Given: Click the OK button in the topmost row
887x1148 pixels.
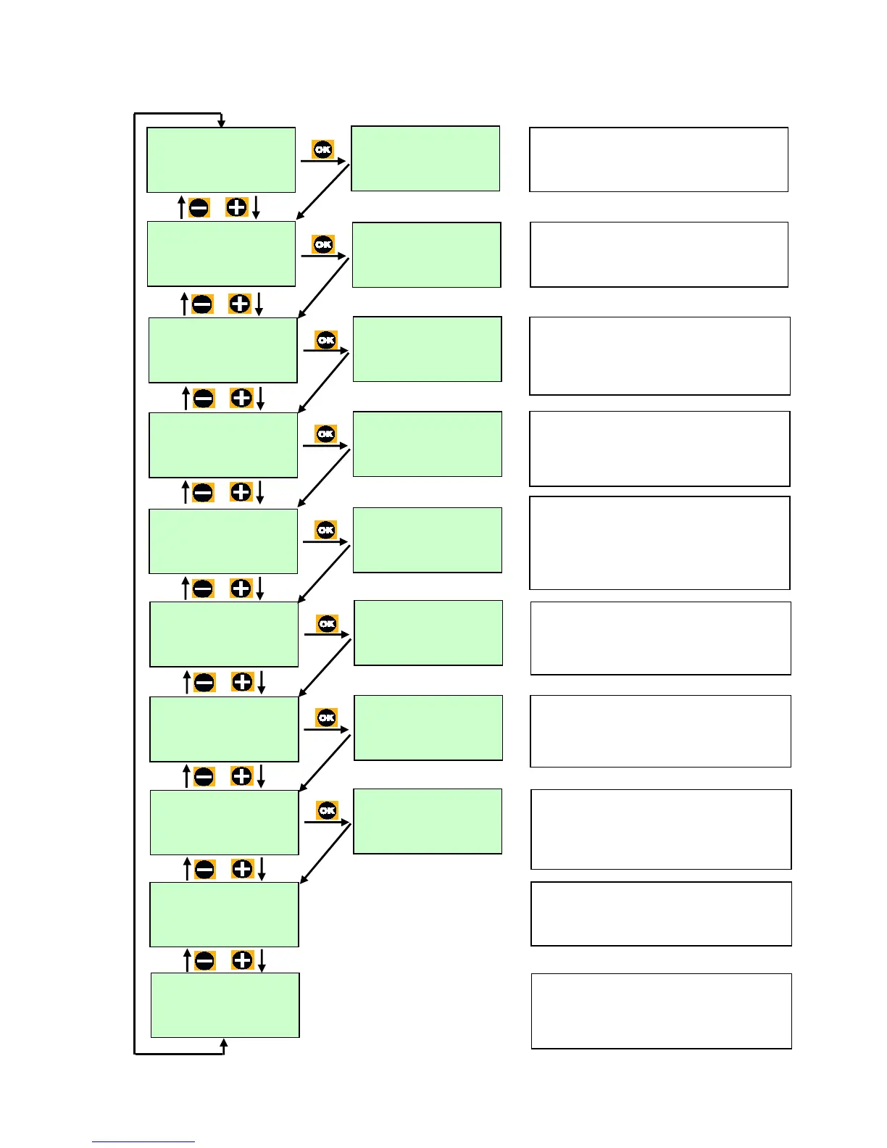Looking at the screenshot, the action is (x=322, y=149).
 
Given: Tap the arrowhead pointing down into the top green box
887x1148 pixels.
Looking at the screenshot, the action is (x=222, y=123).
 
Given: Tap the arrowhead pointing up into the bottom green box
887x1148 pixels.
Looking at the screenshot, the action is (x=224, y=1043).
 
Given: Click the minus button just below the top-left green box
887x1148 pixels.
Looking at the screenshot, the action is (x=199, y=208).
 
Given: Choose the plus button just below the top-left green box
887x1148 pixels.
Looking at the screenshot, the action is (x=236, y=207).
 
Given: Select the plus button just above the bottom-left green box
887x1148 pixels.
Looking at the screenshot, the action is (x=242, y=960).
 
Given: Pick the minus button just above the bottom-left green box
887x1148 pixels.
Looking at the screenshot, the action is (x=205, y=961).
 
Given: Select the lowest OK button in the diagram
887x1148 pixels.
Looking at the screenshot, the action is (x=328, y=810).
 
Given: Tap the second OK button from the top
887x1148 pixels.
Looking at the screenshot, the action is (x=323, y=244).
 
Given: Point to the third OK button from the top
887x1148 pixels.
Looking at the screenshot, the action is (x=326, y=339).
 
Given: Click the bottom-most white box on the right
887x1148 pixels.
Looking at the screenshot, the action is (x=661, y=1011).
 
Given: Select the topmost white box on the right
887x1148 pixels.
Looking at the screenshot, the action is (x=658, y=159).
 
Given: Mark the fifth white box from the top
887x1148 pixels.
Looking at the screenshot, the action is (x=659, y=543).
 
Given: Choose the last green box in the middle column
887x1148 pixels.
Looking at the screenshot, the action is (x=428, y=821).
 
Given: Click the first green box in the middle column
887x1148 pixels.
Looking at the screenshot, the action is (x=425, y=159).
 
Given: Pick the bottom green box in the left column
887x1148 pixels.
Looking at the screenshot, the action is (x=225, y=1005).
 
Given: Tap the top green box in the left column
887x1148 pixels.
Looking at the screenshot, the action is (x=221, y=160).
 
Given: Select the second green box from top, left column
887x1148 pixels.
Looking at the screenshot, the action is (x=221, y=254).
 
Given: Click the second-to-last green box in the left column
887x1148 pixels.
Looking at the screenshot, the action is (x=224, y=915).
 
